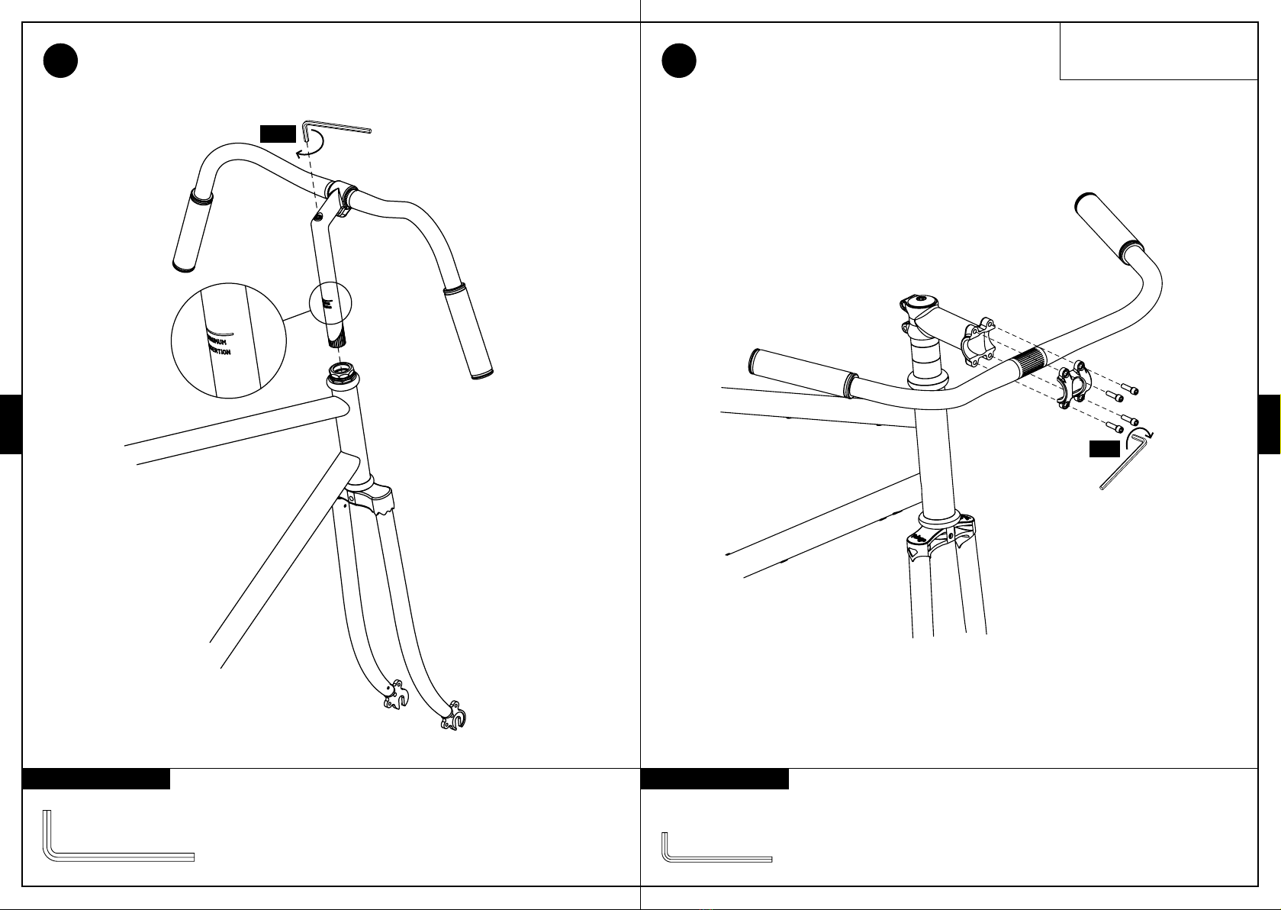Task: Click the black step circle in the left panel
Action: [60, 61]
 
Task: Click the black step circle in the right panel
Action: [679, 61]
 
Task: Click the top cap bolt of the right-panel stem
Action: [921, 298]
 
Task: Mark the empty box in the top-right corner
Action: [1157, 50]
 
